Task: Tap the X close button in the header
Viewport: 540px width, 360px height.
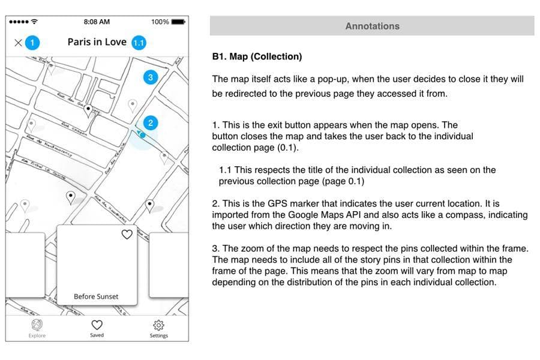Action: click(x=18, y=43)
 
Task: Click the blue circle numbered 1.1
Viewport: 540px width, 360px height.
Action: click(x=139, y=43)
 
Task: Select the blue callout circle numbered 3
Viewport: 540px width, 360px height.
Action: click(x=150, y=77)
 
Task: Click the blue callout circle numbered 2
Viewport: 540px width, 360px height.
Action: click(x=151, y=123)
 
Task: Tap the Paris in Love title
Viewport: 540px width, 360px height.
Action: click(x=97, y=42)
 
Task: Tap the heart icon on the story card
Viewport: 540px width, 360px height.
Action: click(x=127, y=235)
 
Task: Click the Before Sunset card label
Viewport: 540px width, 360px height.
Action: click(x=96, y=296)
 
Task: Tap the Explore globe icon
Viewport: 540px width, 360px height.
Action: click(x=37, y=325)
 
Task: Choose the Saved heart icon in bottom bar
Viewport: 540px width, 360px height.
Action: click(x=97, y=325)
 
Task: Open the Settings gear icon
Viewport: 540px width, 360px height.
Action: click(x=158, y=325)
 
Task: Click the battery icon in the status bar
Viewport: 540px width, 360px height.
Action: click(x=178, y=22)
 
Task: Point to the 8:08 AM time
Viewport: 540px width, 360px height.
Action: click(x=97, y=22)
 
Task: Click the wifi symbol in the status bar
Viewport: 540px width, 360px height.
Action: click(x=34, y=22)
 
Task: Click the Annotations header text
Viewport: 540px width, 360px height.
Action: click(x=372, y=26)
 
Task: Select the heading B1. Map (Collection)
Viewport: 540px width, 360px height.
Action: click(x=257, y=56)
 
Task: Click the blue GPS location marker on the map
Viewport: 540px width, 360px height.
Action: click(x=142, y=135)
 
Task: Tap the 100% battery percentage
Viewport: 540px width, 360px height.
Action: click(x=160, y=22)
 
